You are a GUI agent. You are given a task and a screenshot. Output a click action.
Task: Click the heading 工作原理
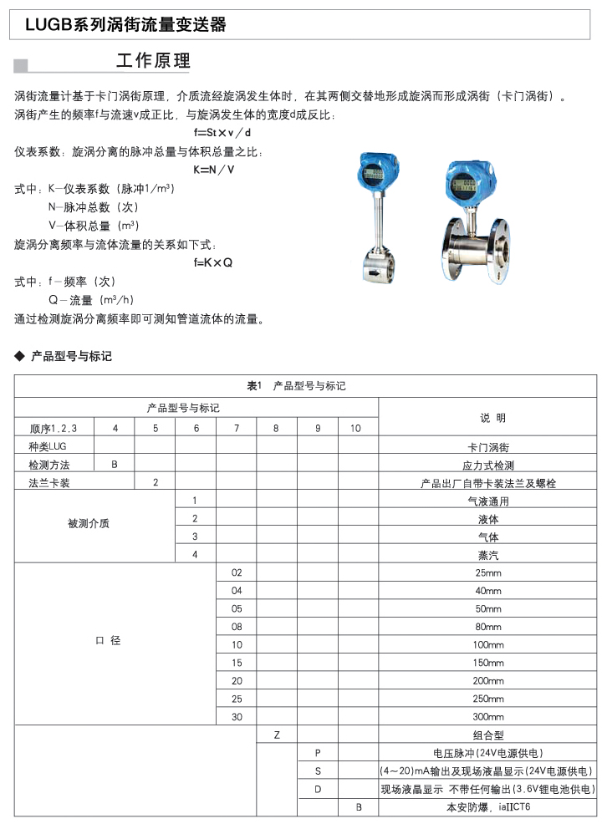pyautogui.click(x=153, y=61)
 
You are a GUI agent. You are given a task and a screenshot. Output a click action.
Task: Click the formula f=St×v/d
pyautogui.click(x=222, y=133)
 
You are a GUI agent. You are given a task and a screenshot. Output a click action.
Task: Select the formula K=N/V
pyautogui.click(x=214, y=170)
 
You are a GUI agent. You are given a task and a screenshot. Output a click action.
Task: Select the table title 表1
pyautogui.click(x=255, y=386)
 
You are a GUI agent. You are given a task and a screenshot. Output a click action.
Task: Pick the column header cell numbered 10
pyautogui.click(x=356, y=428)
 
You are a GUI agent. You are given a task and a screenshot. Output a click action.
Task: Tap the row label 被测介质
pyautogui.click(x=89, y=524)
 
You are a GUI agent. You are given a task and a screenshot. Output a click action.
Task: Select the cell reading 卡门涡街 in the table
pyautogui.click(x=487, y=447)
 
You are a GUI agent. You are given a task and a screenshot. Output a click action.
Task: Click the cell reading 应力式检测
pyautogui.click(x=487, y=465)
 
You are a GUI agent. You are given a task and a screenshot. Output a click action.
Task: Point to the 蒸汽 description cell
pyautogui.click(x=487, y=554)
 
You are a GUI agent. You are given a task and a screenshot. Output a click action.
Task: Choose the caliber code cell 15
pyautogui.click(x=236, y=662)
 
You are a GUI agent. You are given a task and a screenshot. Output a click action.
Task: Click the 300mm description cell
pyautogui.click(x=487, y=717)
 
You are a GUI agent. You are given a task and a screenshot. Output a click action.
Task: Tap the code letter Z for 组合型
pyautogui.click(x=277, y=735)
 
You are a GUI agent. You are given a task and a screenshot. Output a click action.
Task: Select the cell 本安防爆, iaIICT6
pyautogui.click(x=487, y=807)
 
